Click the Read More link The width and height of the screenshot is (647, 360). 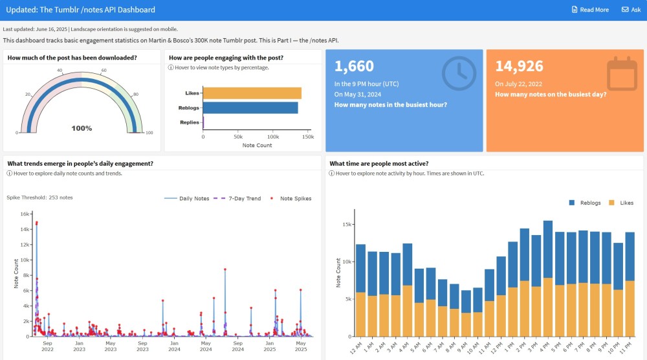pos(590,10)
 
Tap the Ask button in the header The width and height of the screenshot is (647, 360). pos(631,10)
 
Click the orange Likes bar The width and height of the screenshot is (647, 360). pos(252,93)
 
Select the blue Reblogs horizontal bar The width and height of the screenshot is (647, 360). pos(250,107)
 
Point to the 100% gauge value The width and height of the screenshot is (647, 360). pos(82,128)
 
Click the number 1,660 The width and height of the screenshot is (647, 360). pos(355,65)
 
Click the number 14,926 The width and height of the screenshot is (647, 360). pos(519,65)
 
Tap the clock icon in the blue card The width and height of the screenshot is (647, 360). pos(458,73)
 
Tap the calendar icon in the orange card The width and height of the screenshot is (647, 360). pos(622,73)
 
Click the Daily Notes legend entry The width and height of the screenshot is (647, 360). pos(188,198)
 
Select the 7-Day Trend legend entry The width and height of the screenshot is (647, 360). pos(239,198)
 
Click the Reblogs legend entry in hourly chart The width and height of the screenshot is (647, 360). pos(586,203)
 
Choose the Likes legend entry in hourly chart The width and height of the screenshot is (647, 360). pos(621,203)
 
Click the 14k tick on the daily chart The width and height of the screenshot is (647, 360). pos(24,229)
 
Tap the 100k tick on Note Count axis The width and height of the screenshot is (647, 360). pos(273,137)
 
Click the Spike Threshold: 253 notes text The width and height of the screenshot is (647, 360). pos(39,197)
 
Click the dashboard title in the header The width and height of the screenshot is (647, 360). pos(80,10)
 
